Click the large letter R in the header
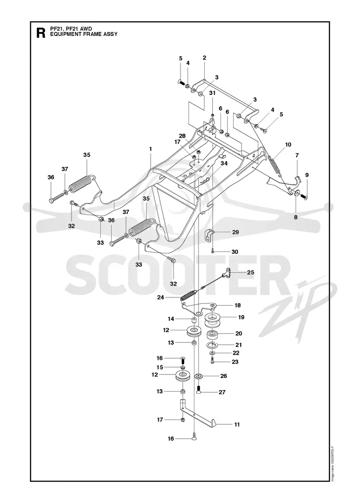tap(41, 33)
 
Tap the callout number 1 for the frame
tap(150, 149)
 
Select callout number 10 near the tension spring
tap(288, 144)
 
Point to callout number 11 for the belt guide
tap(237, 425)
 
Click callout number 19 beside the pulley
tap(241, 317)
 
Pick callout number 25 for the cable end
tap(250, 272)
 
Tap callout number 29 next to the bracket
tap(236, 232)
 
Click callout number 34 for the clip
tap(224, 163)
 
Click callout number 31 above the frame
tap(212, 93)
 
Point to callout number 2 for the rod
tap(204, 58)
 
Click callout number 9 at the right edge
tap(307, 175)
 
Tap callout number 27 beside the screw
tap(222, 392)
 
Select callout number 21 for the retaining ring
tap(238, 345)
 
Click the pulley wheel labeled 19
tap(212, 320)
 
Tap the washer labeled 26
tap(198, 376)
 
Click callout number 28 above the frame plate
tap(182, 136)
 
